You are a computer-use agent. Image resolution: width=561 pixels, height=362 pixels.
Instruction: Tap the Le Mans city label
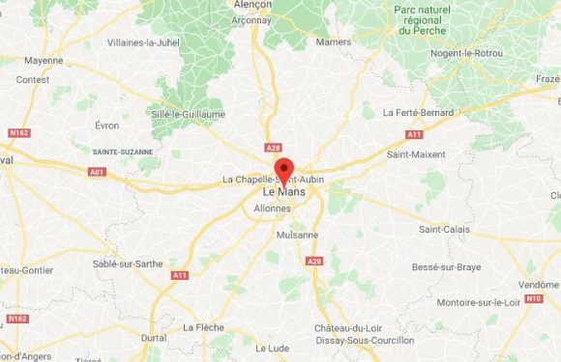click(280, 193)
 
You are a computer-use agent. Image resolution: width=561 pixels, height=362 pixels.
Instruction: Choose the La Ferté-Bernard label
click(418, 112)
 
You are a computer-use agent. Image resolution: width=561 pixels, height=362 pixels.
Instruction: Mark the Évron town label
click(107, 125)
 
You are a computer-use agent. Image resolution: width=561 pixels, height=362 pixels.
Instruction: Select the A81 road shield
click(97, 172)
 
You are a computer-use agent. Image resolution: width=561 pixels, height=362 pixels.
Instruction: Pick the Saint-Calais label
click(445, 229)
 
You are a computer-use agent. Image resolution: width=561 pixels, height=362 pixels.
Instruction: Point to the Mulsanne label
click(297, 235)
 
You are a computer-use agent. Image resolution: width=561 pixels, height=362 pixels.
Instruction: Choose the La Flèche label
click(204, 326)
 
